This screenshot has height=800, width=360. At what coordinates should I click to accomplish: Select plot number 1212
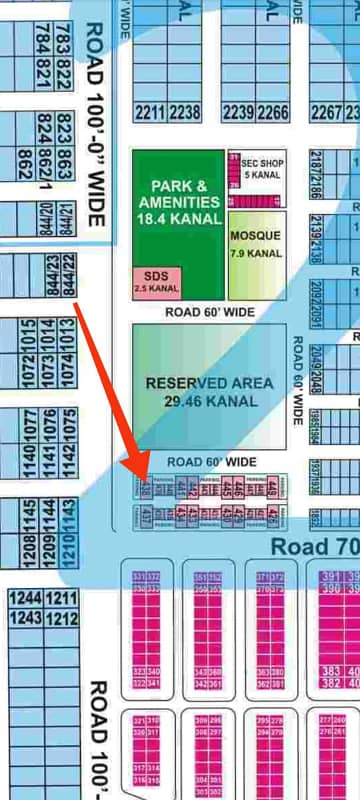[60, 619]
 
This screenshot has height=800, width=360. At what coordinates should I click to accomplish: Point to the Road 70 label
[314, 546]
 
